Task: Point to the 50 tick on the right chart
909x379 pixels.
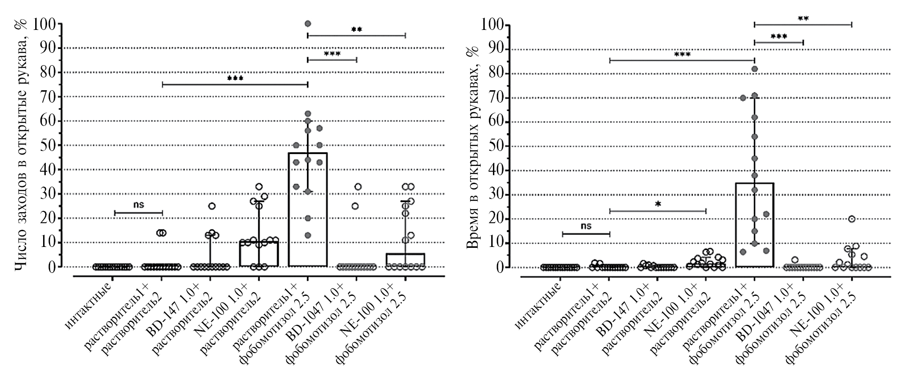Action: [501, 146]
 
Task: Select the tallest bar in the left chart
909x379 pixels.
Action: [307, 209]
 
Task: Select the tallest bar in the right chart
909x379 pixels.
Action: [754, 224]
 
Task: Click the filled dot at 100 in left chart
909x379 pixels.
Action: [308, 23]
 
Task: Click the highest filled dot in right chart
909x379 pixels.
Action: [754, 69]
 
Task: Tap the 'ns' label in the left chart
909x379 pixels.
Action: [139, 204]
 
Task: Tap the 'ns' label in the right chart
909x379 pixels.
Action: [586, 226]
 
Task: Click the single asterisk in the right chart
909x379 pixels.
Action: [658, 204]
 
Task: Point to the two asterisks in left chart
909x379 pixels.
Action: [357, 29]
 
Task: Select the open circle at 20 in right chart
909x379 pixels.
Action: [851, 219]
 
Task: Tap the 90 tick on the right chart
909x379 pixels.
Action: [501, 49]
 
